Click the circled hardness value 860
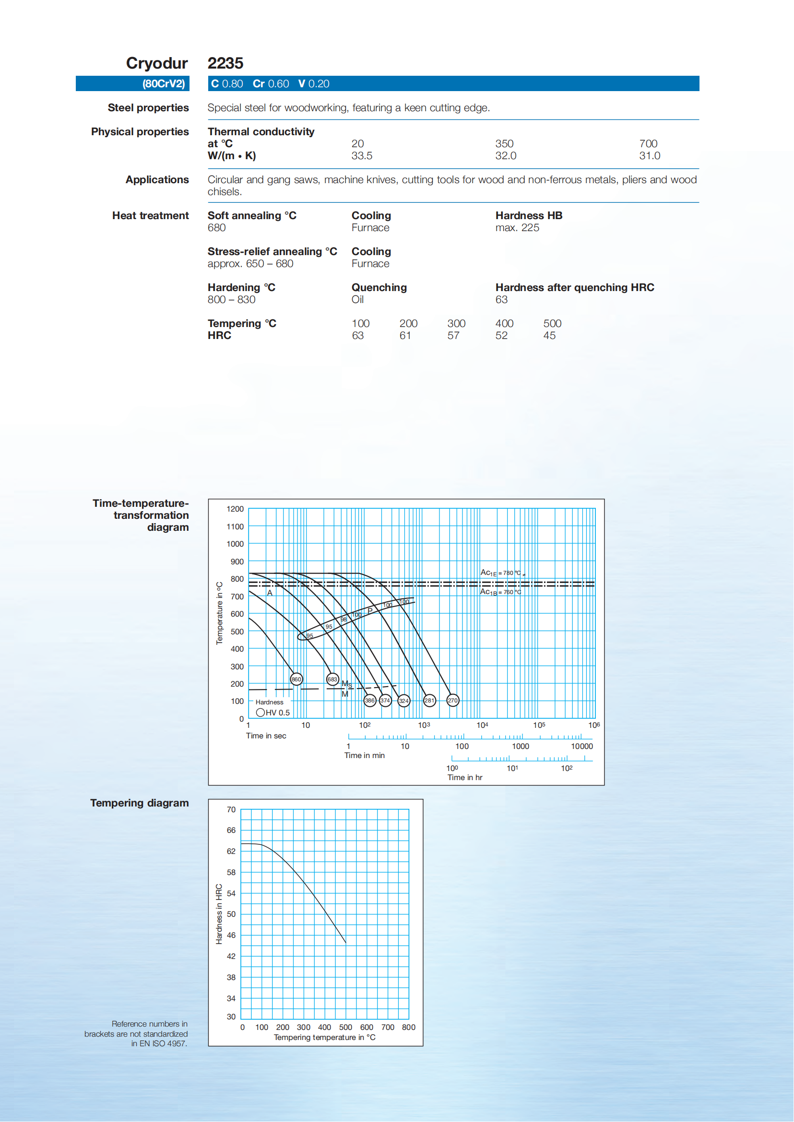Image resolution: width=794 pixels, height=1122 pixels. [296, 679]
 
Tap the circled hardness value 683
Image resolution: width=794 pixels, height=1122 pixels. [332, 679]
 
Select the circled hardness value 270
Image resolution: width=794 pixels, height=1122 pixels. [453, 700]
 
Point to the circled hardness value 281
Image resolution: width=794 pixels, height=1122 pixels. [429, 700]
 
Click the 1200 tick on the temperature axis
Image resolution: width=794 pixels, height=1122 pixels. [235, 509]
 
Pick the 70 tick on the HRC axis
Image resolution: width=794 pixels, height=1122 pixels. [231, 810]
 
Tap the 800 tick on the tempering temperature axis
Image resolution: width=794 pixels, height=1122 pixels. [409, 1027]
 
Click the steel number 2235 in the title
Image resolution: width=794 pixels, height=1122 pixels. [225, 63]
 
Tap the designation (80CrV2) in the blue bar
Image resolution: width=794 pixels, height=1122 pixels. [163, 83]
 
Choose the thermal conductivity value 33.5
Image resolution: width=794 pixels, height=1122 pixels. [362, 156]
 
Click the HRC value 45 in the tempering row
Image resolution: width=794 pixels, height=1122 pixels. [549, 336]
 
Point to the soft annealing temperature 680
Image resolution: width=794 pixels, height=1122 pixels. [216, 228]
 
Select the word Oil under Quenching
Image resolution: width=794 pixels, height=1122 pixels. [357, 300]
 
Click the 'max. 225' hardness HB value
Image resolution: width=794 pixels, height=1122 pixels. [517, 228]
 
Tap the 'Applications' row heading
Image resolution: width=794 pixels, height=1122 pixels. [157, 180]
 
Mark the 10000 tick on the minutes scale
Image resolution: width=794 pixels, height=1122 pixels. [582, 746]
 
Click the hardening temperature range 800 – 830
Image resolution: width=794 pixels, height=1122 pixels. [231, 300]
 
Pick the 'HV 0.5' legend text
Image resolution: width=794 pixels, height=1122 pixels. [277, 713]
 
